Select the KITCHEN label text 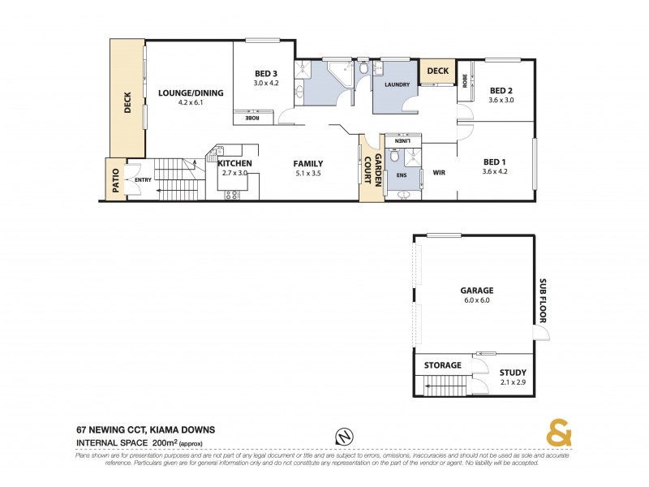(235, 163)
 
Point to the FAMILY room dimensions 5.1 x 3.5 (308, 173)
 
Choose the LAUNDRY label (397, 84)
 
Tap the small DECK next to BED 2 (437, 71)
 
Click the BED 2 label (501, 90)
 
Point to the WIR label (439, 172)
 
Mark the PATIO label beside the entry (114, 179)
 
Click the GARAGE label (476, 290)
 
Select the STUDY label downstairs (513, 373)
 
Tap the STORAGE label (443, 365)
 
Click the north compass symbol (344, 436)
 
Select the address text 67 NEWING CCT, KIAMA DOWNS (146, 429)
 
